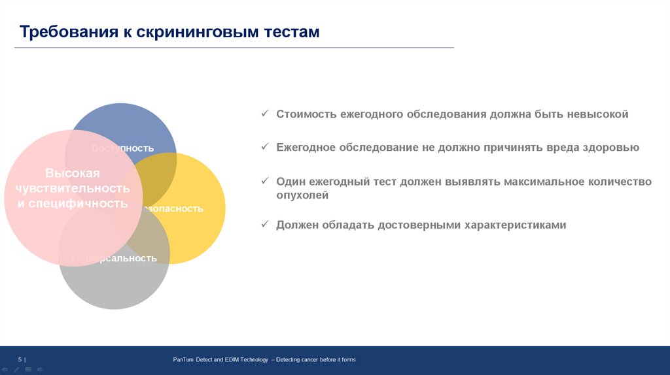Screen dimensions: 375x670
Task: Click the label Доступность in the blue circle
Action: [123, 148]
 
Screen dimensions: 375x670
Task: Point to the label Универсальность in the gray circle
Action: [114, 258]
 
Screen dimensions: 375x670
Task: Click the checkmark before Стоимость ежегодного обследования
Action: [265, 114]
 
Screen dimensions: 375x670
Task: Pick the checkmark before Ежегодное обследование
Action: [265, 147]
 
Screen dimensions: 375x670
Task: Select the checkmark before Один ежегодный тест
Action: [265, 181]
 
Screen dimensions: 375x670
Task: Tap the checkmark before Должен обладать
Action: [265, 225]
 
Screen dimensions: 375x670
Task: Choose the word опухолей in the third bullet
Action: [302, 195]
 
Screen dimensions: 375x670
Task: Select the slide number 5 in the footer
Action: [20, 359]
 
